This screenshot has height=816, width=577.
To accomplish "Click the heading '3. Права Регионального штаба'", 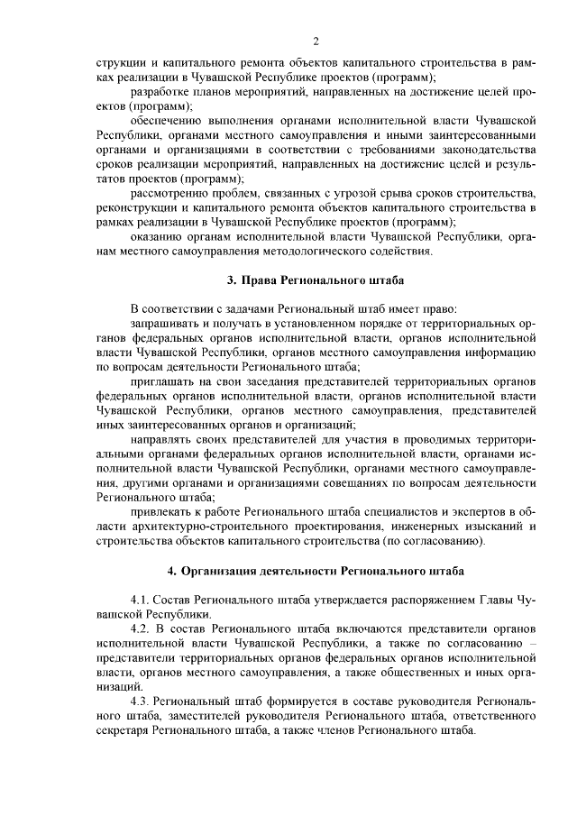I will pyautogui.click(x=316, y=280).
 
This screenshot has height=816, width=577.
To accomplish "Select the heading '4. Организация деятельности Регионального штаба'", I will pyautogui.click(x=316, y=571).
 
